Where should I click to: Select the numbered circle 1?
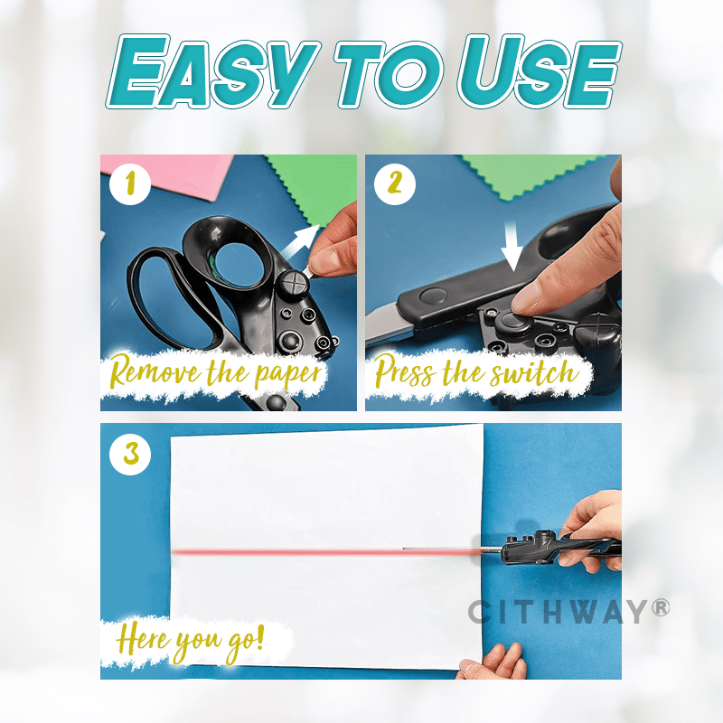130,184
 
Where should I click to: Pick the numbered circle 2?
395,184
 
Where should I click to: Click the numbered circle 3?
130,454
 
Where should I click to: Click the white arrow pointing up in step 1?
301,241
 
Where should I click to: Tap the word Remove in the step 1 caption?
155,371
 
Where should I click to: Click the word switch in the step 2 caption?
534,372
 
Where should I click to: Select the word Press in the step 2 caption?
404,371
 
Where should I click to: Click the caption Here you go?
191,643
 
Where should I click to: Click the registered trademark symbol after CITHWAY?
661,607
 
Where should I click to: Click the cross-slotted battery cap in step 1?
293,283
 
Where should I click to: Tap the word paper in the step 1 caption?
288,374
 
